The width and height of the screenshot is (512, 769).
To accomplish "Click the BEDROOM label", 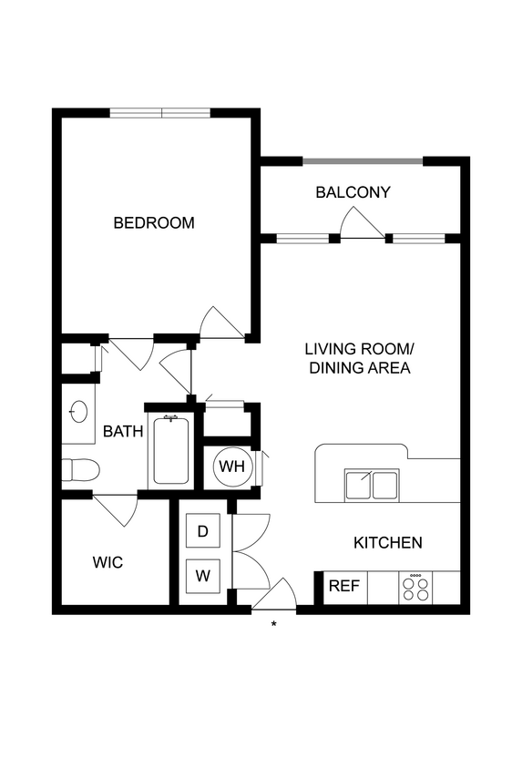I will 153,222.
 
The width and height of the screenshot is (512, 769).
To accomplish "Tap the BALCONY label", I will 353,192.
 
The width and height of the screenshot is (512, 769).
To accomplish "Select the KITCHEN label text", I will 387,543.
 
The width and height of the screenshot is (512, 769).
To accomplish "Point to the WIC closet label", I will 108,562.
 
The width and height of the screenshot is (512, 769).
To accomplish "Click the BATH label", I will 122,431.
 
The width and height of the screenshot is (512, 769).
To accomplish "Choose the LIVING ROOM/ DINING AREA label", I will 359,358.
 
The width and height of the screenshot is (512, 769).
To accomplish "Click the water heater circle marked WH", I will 231,467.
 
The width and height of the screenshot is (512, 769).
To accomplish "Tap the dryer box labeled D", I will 203,531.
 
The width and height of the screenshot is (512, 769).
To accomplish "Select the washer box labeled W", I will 203,575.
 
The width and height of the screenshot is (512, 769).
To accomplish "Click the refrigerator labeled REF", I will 343,586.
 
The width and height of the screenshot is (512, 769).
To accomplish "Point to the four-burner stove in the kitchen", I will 417,587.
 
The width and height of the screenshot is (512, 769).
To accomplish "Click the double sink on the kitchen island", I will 372,485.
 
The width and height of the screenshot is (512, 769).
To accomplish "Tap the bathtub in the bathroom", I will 170,451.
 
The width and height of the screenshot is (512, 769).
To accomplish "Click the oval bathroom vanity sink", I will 79,412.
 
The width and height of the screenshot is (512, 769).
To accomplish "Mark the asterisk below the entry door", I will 274,625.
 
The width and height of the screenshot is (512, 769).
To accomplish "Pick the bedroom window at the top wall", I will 160,113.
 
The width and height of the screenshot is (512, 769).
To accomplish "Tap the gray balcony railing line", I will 363,162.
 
